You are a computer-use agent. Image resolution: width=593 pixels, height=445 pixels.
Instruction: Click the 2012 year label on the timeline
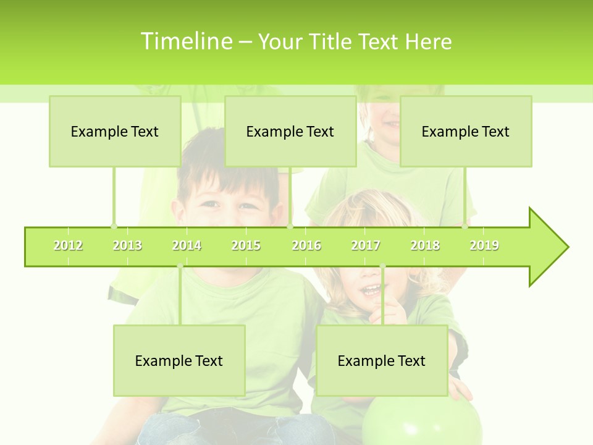pos(68,245)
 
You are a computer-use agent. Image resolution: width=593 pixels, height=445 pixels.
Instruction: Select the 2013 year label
pos(127,245)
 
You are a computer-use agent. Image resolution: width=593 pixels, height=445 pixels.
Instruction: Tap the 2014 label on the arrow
pos(187,245)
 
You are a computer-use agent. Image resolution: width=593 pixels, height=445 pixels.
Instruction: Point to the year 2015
pos(246,245)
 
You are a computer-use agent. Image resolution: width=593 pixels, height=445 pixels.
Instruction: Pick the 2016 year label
pos(306,245)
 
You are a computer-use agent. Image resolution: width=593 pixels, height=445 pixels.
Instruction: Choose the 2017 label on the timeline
pos(366,245)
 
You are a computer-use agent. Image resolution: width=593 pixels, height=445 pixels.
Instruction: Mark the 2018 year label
pos(425,245)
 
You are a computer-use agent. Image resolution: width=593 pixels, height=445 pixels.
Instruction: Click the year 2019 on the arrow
pos(484,245)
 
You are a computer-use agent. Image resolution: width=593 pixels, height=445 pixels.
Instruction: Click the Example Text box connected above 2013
pos(115,131)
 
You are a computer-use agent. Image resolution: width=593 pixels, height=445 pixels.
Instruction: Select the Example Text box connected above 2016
pos(290,131)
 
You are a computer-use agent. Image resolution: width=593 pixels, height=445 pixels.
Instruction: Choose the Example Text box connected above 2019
pos(466,131)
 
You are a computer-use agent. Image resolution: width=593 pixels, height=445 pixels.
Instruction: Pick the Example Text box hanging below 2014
pos(179,360)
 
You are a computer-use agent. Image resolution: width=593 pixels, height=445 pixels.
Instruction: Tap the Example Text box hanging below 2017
pos(382,360)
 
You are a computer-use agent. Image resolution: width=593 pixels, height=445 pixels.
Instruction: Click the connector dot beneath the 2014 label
pos(180,266)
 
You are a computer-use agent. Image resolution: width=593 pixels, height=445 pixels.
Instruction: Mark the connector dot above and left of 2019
pos(465,227)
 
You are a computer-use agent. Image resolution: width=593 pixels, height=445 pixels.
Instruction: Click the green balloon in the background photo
pos(422,420)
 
